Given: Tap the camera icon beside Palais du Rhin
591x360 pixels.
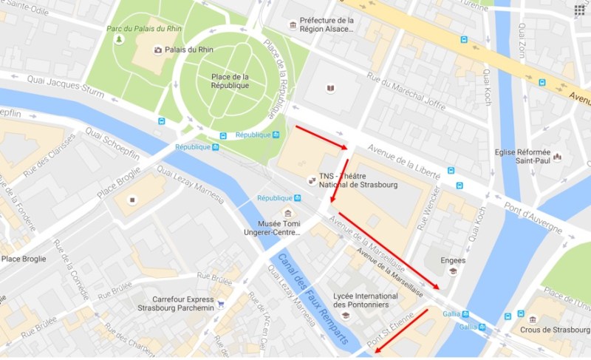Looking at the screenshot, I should click(x=157, y=50).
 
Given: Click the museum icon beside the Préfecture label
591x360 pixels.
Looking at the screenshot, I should click(x=293, y=26).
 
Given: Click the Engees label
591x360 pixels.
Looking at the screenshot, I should click(x=453, y=261).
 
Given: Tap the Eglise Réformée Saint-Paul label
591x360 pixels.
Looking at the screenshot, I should click(x=522, y=157).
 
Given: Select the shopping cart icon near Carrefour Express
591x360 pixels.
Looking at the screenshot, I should click(x=220, y=304).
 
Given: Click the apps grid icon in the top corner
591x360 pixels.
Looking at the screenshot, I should click(x=579, y=10).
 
